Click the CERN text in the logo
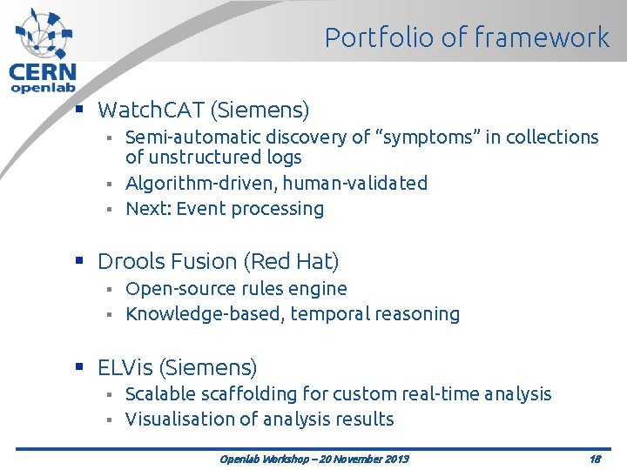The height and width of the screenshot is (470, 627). (42, 73)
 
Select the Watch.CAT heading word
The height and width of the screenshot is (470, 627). (150, 111)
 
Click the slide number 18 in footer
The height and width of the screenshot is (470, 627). (595, 459)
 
